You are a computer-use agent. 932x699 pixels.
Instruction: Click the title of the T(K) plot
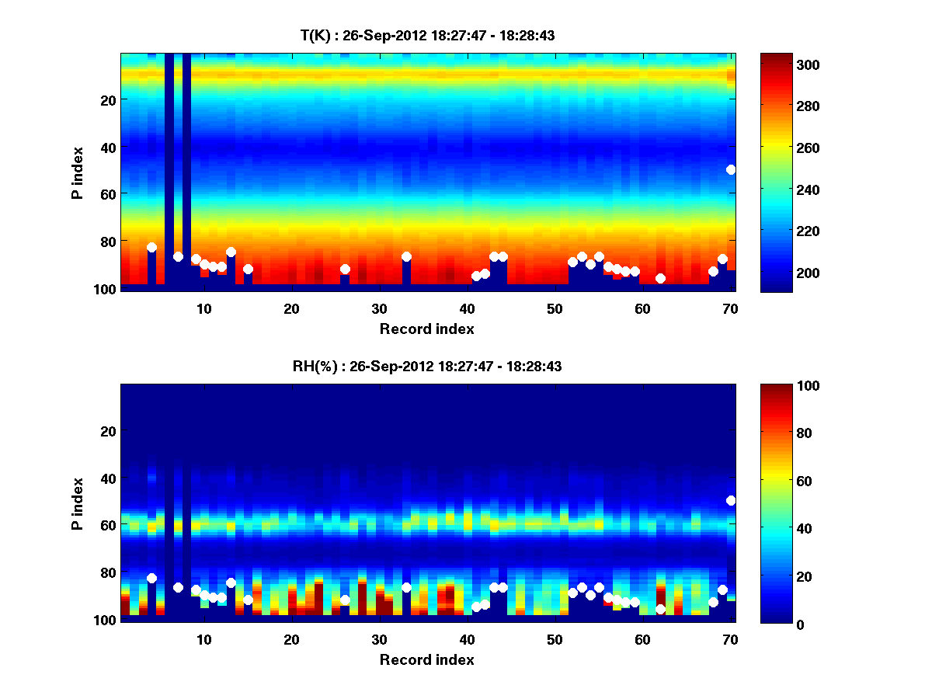pyautogui.click(x=427, y=35)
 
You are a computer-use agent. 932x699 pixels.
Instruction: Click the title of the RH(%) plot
pyautogui.click(x=427, y=366)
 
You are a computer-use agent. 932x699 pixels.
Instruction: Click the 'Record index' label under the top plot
pyautogui.click(x=427, y=329)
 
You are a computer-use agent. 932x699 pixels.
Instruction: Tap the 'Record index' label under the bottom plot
pyautogui.click(x=427, y=659)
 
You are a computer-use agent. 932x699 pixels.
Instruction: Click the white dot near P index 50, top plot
pyautogui.click(x=731, y=169)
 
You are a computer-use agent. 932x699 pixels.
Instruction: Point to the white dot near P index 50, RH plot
pyautogui.click(x=731, y=500)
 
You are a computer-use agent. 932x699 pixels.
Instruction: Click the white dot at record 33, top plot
pyautogui.click(x=406, y=256)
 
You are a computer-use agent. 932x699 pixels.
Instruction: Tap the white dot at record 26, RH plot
pyautogui.click(x=345, y=600)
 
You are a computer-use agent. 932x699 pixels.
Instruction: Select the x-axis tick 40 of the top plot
pyautogui.click(x=468, y=308)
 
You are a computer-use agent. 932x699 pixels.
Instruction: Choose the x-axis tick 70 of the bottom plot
pyautogui.click(x=731, y=639)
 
